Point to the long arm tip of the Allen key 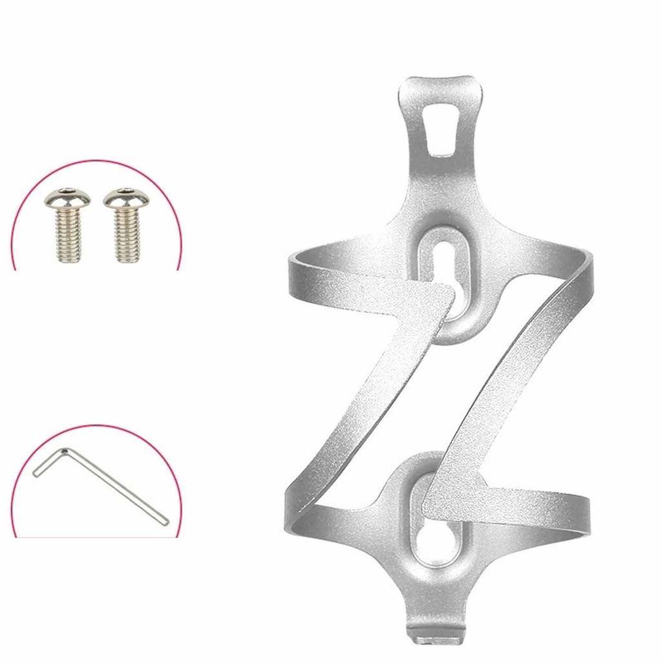(x=165, y=519)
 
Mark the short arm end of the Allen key (x=36, y=473)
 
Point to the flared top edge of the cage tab (x=442, y=84)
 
